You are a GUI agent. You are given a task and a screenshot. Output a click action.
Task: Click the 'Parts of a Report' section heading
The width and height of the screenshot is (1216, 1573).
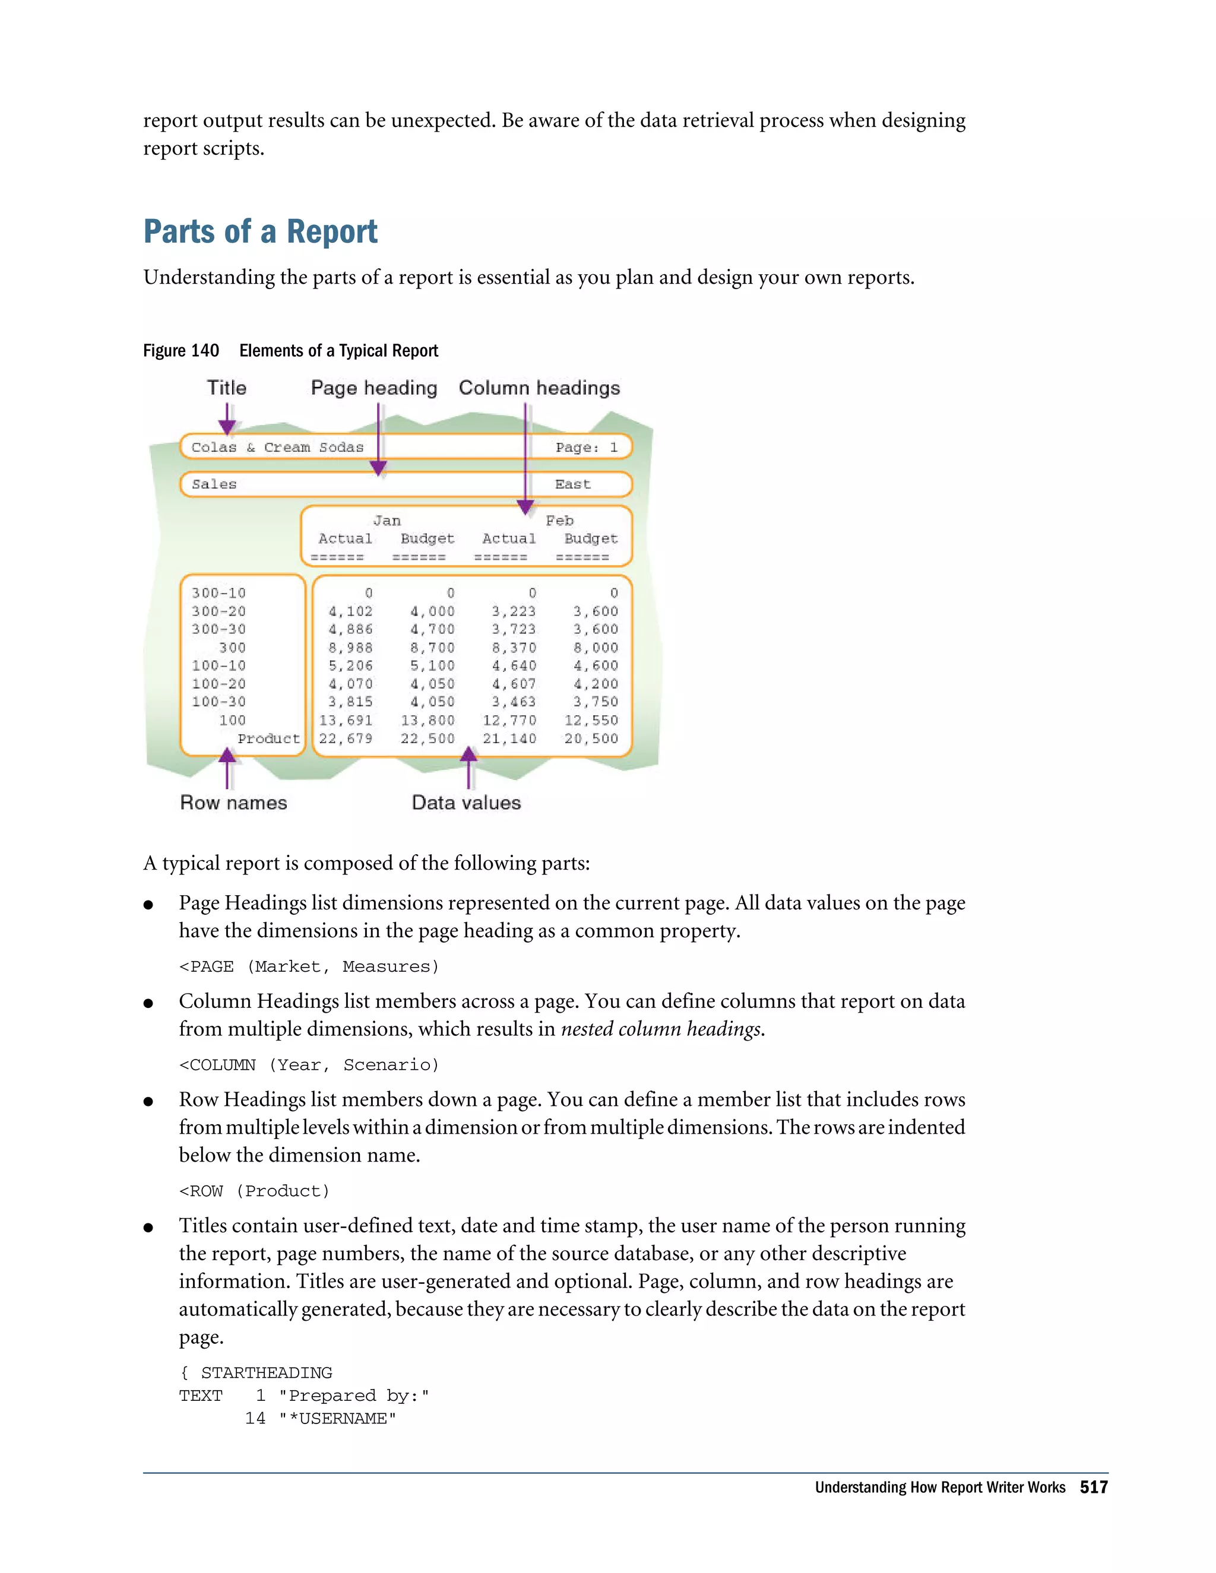pyautogui.click(x=260, y=232)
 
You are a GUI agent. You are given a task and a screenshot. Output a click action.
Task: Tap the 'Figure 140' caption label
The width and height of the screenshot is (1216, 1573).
pyautogui.click(x=181, y=351)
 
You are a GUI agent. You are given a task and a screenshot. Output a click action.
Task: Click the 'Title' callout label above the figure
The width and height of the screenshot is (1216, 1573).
pyautogui.click(x=226, y=388)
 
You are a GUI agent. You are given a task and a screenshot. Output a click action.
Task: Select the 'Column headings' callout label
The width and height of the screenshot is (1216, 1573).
pyautogui.click(x=539, y=388)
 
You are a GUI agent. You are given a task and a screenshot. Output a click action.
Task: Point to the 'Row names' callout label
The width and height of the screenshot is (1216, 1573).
pyautogui.click(x=233, y=803)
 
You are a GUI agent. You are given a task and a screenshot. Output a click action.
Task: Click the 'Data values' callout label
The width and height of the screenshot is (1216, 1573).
pyautogui.click(x=465, y=803)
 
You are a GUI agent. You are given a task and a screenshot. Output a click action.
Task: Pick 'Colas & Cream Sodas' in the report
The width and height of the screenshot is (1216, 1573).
pyautogui.click(x=277, y=448)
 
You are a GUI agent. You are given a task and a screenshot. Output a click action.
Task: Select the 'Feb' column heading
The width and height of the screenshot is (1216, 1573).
pyautogui.click(x=559, y=520)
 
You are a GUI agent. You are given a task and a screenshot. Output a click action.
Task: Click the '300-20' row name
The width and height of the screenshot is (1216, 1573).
pyautogui.click(x=218, y=611)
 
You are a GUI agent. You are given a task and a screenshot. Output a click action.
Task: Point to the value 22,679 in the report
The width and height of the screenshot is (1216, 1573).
pyautogui.click(x=346, y=738)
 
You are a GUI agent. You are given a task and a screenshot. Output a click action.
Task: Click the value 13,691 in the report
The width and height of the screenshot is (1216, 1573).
pyautogui.click(x=346, y=720)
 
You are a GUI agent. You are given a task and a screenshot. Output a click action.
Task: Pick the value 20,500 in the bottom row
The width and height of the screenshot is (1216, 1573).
pyautogui.click(x=591, y=738)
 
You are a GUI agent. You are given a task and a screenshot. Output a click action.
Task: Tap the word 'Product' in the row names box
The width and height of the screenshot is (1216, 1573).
pyautogui.click(x=268, y=738)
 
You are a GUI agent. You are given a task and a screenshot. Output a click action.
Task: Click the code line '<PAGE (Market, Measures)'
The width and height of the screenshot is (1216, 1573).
pyautogui.click(x=308, y=966)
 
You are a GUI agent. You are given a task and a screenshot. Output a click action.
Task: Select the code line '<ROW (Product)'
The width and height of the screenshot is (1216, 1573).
pyautogui.click(x=254, y=1191)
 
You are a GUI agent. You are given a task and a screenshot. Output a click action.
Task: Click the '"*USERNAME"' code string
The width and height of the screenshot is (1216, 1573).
pyautogui.click(x=337, y=1418)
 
